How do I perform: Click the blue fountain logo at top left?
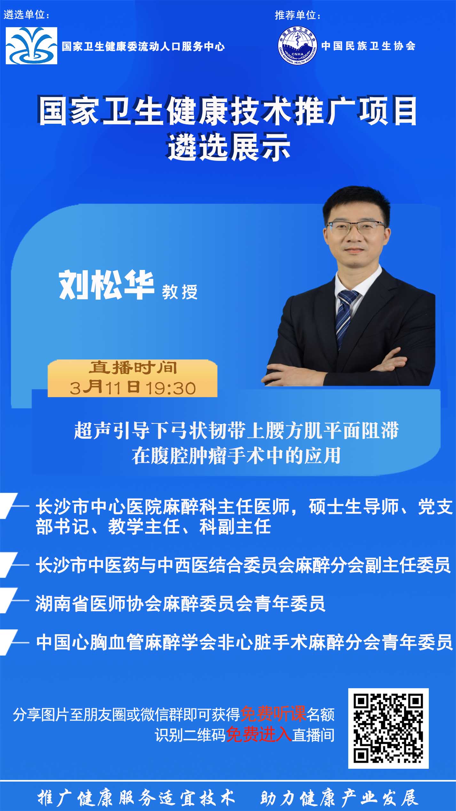(x=31, y=45)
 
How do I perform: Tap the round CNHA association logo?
(x=297, y=46)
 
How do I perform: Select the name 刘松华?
(x=106, y=285)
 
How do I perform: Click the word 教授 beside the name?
(x=180, y=291)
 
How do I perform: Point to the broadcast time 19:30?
(x=170, y=388)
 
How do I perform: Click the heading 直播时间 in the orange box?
(x=133, y=368)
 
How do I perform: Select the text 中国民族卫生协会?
(x=368, y=46)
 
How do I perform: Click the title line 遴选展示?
(x=229, y=148)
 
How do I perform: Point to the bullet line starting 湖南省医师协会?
(x=180, y=603)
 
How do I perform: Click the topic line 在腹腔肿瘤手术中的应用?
(x=236, y=455)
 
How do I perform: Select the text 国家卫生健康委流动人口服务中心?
(x=143, y=46)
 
